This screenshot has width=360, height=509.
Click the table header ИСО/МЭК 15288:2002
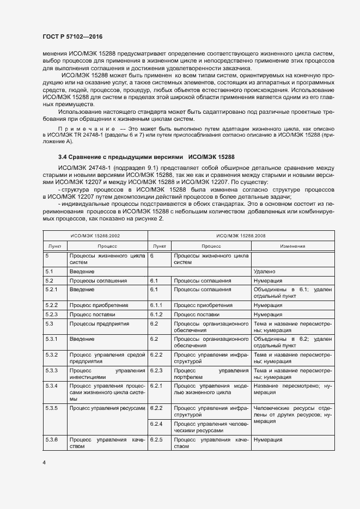[x=96, y=235]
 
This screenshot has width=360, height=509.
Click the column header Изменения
[x=292, y=246]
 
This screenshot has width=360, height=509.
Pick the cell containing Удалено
[x=265, y=271]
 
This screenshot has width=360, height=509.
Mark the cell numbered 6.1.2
[x=157, y=315]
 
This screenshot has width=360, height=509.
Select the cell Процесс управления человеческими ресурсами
[x=211, y=426]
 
